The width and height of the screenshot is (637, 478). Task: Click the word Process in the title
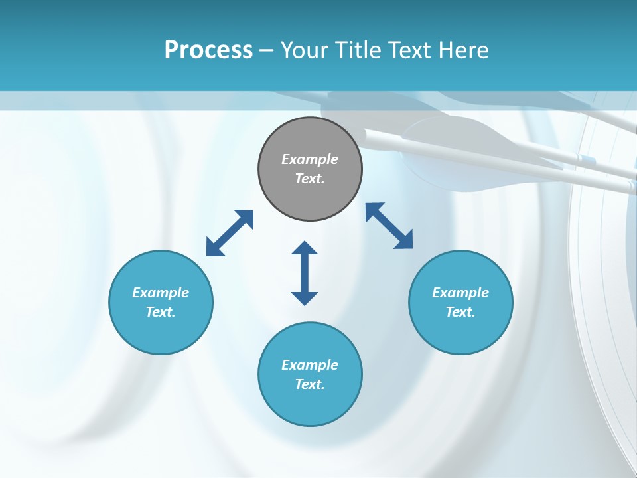[208, 50]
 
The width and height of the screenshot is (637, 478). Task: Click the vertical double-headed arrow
[305, 274]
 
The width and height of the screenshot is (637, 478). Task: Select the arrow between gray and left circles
[230, 233]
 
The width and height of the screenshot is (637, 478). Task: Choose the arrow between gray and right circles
[389, 226]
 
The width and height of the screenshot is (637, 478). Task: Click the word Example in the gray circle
[310, 159]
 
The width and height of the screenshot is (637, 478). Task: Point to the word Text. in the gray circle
[310, 179]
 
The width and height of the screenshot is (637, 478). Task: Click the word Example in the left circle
[161, 293]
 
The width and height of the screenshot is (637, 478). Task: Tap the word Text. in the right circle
[460, 312]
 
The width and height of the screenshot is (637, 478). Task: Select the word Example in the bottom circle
[310, 365]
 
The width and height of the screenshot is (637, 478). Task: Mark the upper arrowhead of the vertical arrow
[305, 248]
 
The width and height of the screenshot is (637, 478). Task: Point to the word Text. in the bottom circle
[310, 384]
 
